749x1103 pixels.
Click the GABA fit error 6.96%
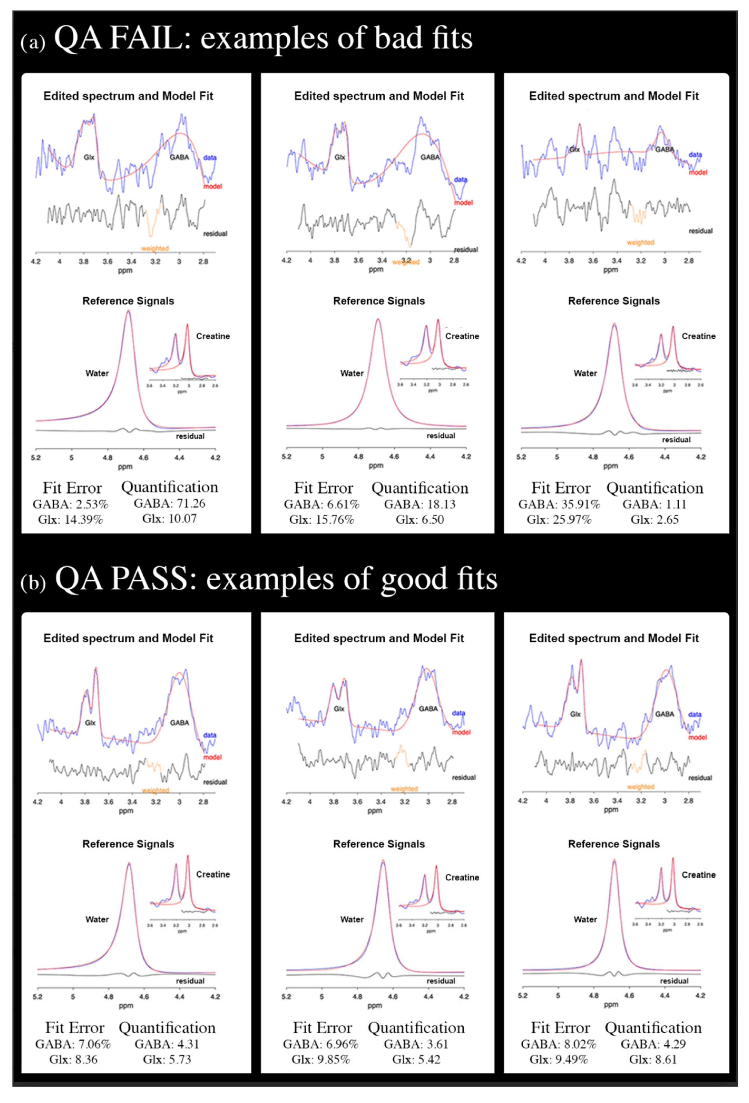[340, 1044]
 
